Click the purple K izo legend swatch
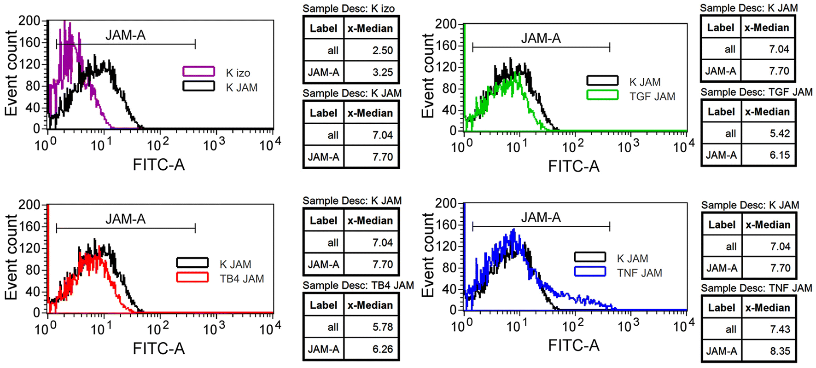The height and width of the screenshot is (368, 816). pos(198,71)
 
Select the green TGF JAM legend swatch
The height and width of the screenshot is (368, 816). pos(602,95)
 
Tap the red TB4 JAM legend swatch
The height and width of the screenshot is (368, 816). pos(192,277)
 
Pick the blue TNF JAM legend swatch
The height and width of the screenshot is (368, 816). pos(590,271)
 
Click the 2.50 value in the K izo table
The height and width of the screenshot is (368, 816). pos(382,51)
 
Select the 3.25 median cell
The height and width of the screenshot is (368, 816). pos(382,72)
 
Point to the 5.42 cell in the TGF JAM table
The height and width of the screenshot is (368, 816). pos(779,133)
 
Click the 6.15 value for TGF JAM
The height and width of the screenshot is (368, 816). pos(779,155)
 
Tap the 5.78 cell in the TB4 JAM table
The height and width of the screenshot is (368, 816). pos(382,327)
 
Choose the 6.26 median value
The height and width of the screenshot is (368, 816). pos(382,349)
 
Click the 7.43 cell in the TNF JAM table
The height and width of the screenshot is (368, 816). pos(780,329)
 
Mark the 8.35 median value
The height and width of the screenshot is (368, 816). pos(780,351)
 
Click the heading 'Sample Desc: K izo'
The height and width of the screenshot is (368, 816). pos(349,8)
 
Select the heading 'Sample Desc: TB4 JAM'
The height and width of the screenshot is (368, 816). pos(358,286)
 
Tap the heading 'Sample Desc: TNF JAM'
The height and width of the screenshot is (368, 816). pos(756,288)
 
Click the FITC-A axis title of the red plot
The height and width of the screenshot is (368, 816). pos(158,348)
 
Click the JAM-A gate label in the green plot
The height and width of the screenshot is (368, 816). pos(541,38)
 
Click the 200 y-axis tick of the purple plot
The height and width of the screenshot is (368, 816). pos(29,21)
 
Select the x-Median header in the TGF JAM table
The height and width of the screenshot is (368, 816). pos(767,112)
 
